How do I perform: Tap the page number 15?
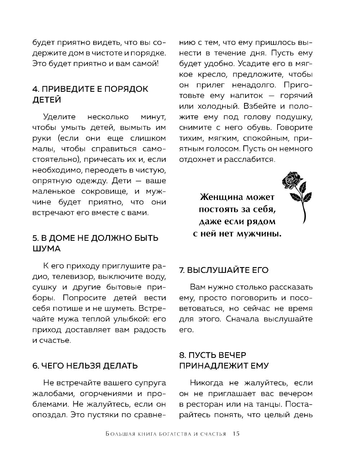tap(236, 433)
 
